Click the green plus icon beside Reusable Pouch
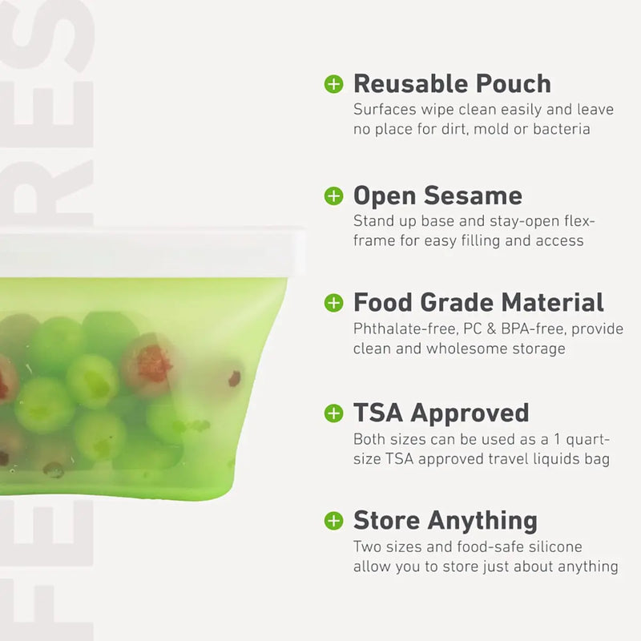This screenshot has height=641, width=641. (x=333, y=83)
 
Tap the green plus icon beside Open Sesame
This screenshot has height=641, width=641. (x=333, y=196)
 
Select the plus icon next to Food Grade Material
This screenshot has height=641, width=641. (x=333, y=302)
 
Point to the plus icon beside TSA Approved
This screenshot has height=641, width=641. (x=333, y=413)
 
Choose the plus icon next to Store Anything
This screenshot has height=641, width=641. (x=333, y=520)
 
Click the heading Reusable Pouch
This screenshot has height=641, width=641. (x=452, y=83)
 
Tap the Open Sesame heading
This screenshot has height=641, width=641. (x=437, y=196)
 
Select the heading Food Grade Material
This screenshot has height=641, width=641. (x=478, y=302)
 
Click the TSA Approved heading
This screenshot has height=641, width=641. (x=441, y=413)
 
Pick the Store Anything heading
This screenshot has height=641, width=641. (x=445, y=520)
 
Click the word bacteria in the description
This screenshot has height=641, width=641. (x=561, y=129)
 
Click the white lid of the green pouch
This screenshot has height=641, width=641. (x=144, y=253)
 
